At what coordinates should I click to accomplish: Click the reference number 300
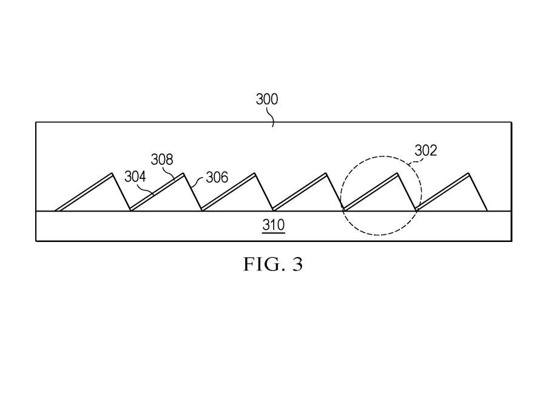[267, 99]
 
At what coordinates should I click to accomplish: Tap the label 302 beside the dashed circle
[426, 150]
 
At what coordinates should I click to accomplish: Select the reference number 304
[135, 176]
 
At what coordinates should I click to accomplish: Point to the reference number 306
[217, 177]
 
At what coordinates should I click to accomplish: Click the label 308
[162, 159]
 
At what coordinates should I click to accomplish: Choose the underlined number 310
[274, 225]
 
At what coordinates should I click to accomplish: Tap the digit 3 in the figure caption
[297, 264]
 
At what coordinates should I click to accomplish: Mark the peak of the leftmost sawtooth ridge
[112, 173]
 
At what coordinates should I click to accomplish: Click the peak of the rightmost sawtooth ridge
[469, 173]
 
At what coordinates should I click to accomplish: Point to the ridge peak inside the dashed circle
[397, 173]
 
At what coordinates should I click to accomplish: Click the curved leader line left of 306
[197, 181]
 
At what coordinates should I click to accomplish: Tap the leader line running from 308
[171, 173]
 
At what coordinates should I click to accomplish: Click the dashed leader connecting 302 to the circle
[413, 161]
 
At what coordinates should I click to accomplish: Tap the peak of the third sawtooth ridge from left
[255, 173]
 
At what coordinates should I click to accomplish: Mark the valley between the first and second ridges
[130, 210]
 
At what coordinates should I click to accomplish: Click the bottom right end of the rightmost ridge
[487, 211]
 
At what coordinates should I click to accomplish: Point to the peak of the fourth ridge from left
[326, 173]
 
